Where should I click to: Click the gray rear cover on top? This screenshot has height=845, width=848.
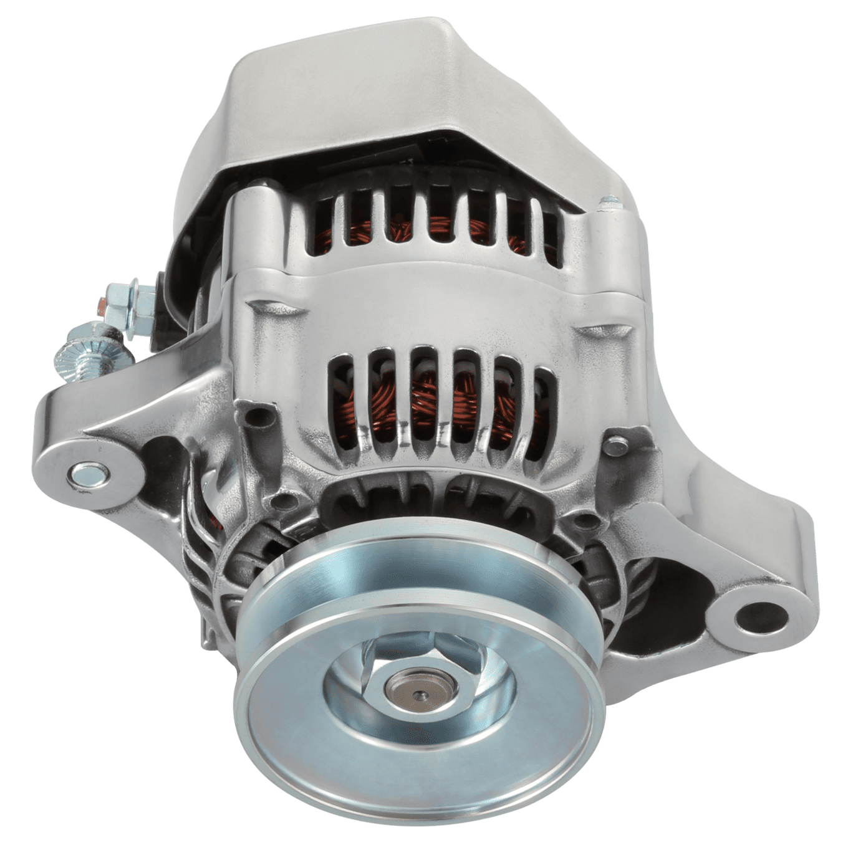tap(349, 87)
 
